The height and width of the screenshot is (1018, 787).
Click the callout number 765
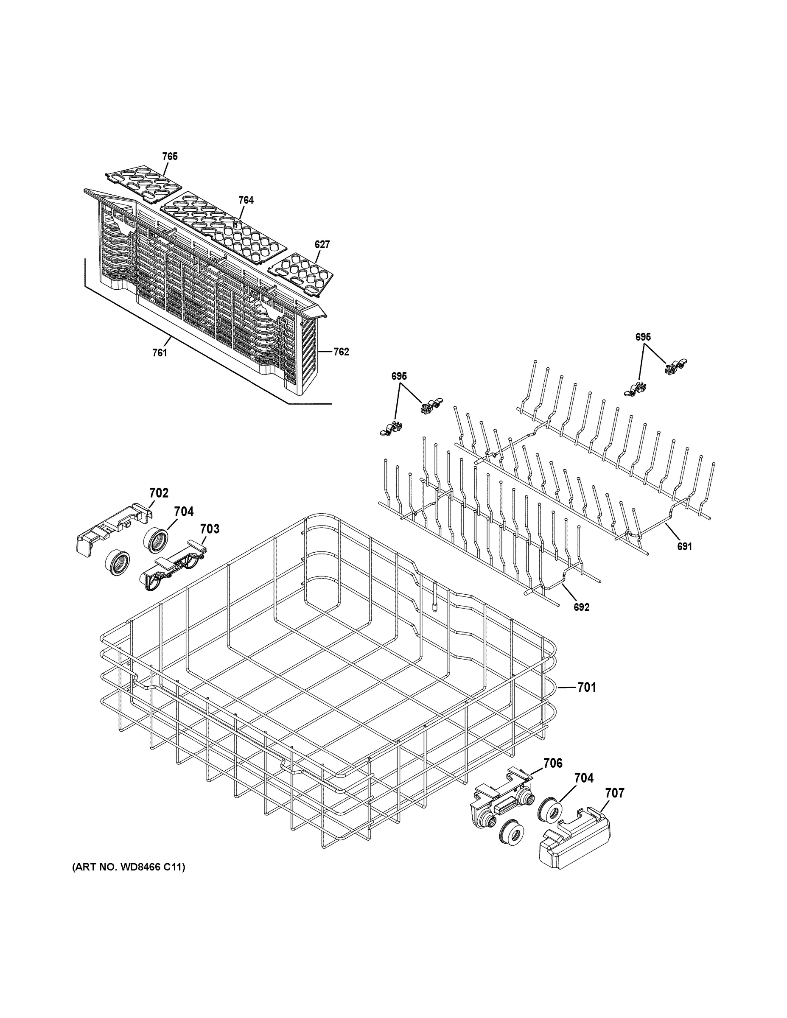pos(170,157)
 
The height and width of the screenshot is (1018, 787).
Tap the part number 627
pos(322,244)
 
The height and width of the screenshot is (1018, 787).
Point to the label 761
pos(160,353)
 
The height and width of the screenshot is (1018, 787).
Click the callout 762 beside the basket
pos(341,352)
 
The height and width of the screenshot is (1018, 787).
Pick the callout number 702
pos(159,493)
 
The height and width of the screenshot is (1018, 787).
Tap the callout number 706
pos(552,763)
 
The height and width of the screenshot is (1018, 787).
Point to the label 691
pos(684,546)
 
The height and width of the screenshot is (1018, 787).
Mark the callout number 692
pos(582,607)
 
